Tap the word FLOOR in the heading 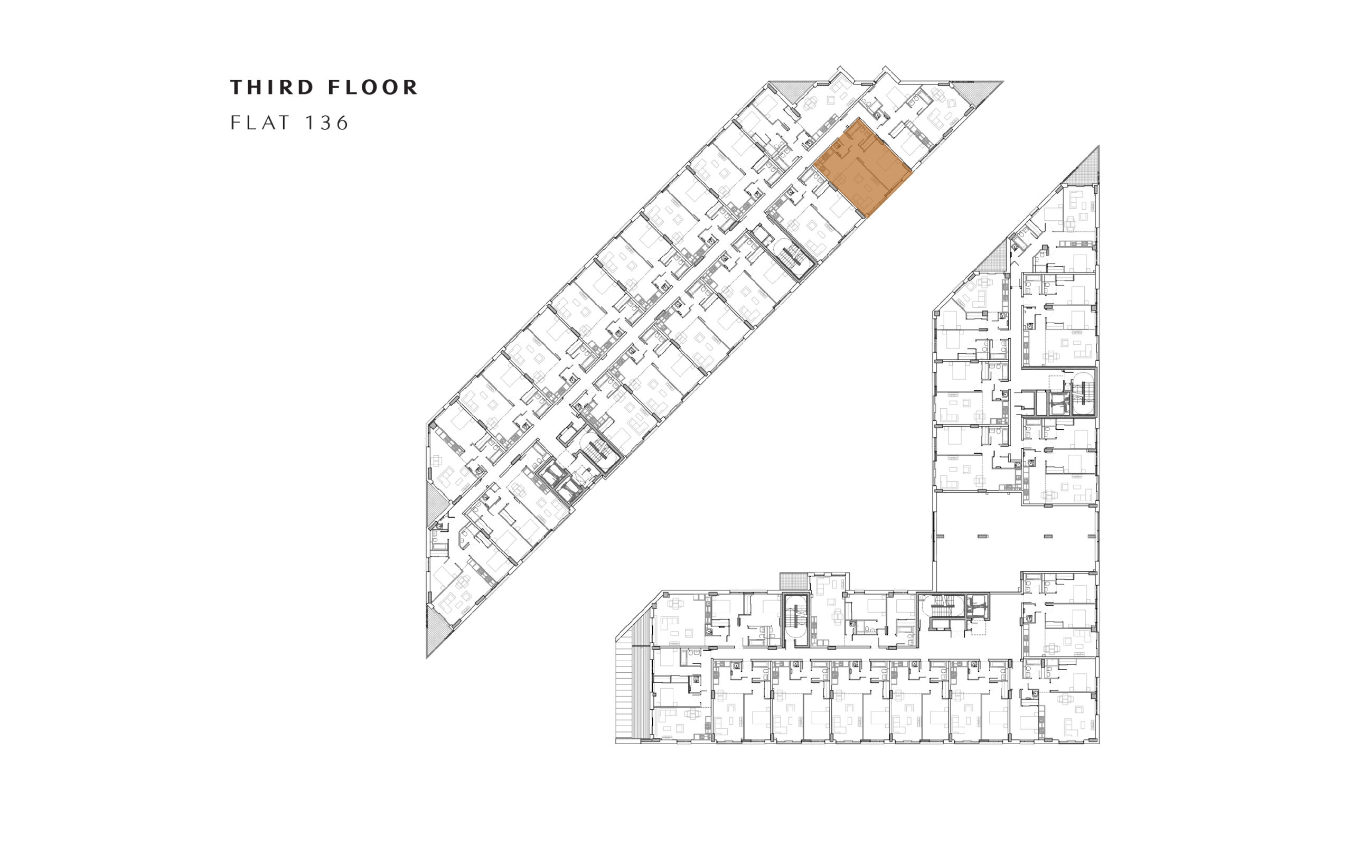tap(373, 87)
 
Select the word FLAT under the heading tap(261, 123)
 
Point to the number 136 tap(327, 123)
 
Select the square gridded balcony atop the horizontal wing tap(794, 580)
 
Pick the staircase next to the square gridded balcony tap(795, 619)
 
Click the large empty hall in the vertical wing tap(1016, 541)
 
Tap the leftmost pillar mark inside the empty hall tap(940, 537)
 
